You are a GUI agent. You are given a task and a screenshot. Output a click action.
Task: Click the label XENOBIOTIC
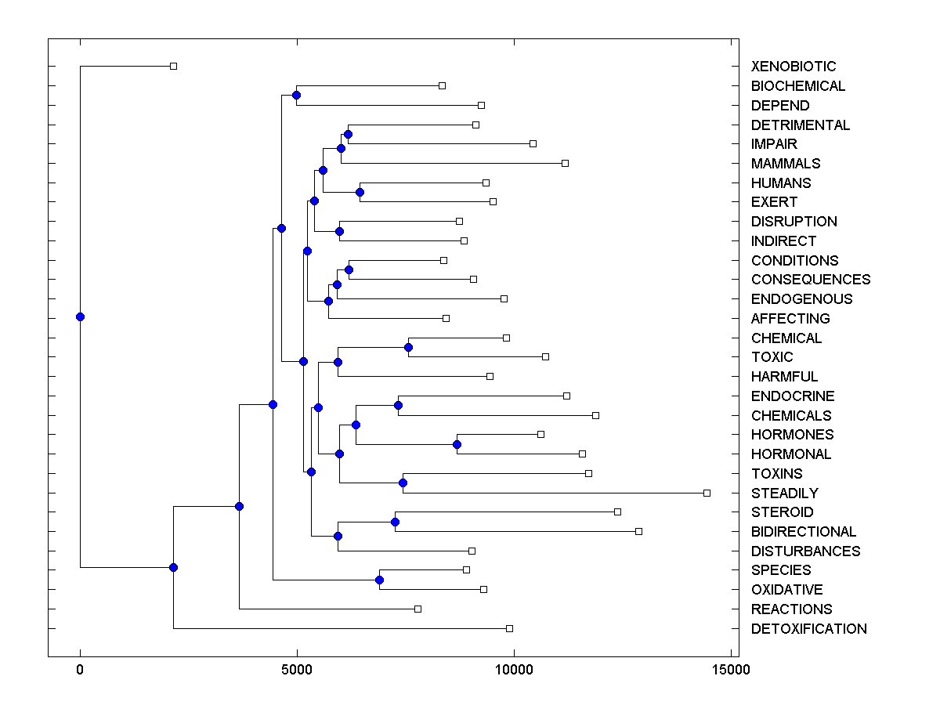(x=793, y=67)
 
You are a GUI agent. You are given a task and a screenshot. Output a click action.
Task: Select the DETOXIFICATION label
(x=808, y=629)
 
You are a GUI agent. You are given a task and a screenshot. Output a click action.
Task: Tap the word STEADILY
(x=784, y=493)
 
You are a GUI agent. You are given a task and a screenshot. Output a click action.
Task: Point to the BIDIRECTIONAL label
(x=803, y=532)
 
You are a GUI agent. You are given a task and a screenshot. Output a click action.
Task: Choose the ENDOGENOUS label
(x=801, y=299)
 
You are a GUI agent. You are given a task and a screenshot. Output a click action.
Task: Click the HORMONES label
(x=792, y=435)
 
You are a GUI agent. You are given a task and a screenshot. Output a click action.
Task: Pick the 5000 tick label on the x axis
(x=297, y=670)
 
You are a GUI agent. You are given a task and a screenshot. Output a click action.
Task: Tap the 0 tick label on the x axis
(x=80, y=670)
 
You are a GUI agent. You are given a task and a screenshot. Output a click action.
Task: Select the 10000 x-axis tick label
(x=514, y=670)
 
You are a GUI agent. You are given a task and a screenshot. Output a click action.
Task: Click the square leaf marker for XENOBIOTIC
(x=174, y=66)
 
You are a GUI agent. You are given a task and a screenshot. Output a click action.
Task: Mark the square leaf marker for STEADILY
(x=707, y=493)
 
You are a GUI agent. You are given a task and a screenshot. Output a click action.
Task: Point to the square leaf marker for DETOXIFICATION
(x=509, y=628)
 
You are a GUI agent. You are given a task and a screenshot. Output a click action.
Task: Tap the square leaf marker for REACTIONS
(x=418, y=609)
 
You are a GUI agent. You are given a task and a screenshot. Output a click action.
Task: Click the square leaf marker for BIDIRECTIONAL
(x=638, y=531)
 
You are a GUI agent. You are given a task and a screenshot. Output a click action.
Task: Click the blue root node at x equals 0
(x=80, y=316)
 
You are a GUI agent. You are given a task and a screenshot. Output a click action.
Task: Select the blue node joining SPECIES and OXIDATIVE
(x=379, y=580)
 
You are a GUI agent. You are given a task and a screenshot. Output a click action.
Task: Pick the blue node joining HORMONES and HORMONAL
(x=457, y=444)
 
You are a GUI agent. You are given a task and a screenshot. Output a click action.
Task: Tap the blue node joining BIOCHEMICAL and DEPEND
(x=296, y=95)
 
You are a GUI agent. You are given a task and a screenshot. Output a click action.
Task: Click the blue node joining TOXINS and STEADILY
(x=403, y=483)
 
